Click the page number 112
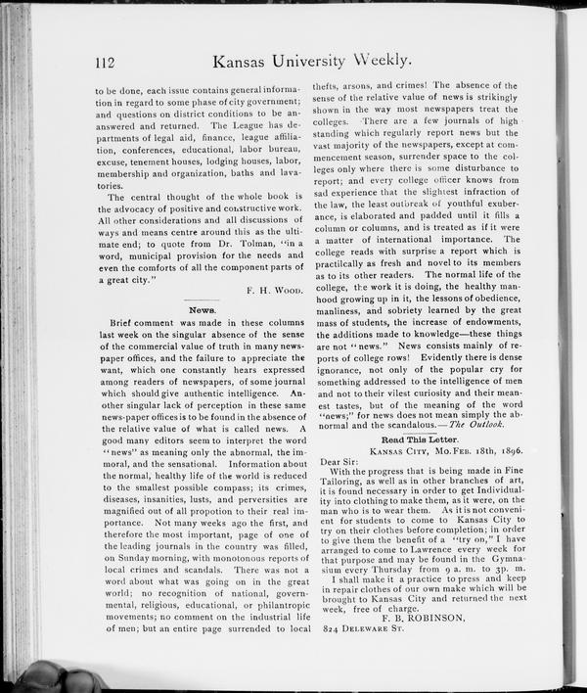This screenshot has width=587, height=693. [107, 62]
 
